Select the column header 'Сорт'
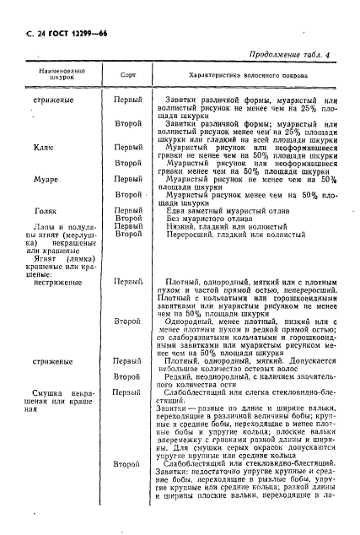(128, 75)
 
